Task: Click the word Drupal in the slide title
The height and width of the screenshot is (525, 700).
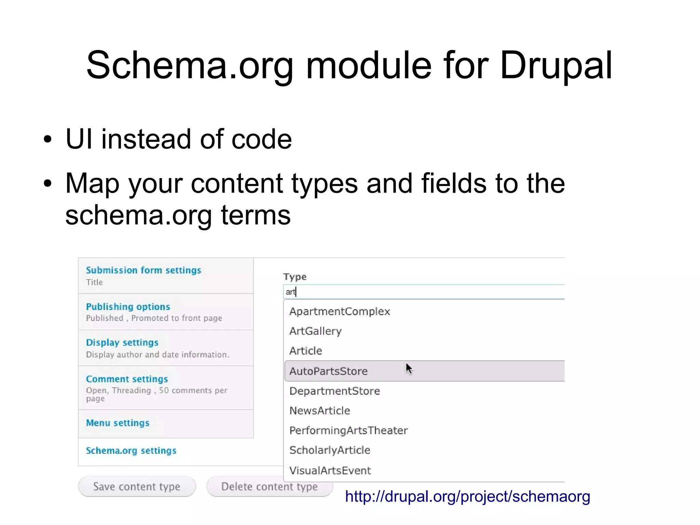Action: click(555, 65)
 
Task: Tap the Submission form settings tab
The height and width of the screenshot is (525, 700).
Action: click(144, 270)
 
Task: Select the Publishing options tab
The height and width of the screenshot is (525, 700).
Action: click(128, 306)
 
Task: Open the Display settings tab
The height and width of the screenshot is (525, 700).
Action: click(122, 343)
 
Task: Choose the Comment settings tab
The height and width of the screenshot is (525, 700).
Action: click(127, 379)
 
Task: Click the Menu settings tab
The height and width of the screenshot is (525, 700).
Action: click(118, 423)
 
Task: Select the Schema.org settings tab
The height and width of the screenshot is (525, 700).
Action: click(131, 451)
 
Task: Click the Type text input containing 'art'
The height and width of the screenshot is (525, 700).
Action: click(424, 292)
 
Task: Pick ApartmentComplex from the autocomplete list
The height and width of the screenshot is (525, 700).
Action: click(339, 312)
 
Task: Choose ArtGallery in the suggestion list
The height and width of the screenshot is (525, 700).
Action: click(315, 331)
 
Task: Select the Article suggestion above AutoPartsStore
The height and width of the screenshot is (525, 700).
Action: click(306, 351)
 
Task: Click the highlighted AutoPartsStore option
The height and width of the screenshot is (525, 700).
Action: click(328, 371)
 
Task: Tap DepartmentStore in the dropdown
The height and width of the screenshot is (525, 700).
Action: click(335, 391)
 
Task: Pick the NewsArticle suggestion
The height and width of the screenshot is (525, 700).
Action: click(320, 411)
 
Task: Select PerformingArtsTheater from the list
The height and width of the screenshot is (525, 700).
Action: click(348, 431)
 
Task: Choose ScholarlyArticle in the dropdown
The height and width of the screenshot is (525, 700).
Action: click(329, 450)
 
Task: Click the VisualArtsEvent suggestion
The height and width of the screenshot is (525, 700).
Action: click(330, 471)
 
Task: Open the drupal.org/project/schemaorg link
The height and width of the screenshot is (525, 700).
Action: click(467, 497)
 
